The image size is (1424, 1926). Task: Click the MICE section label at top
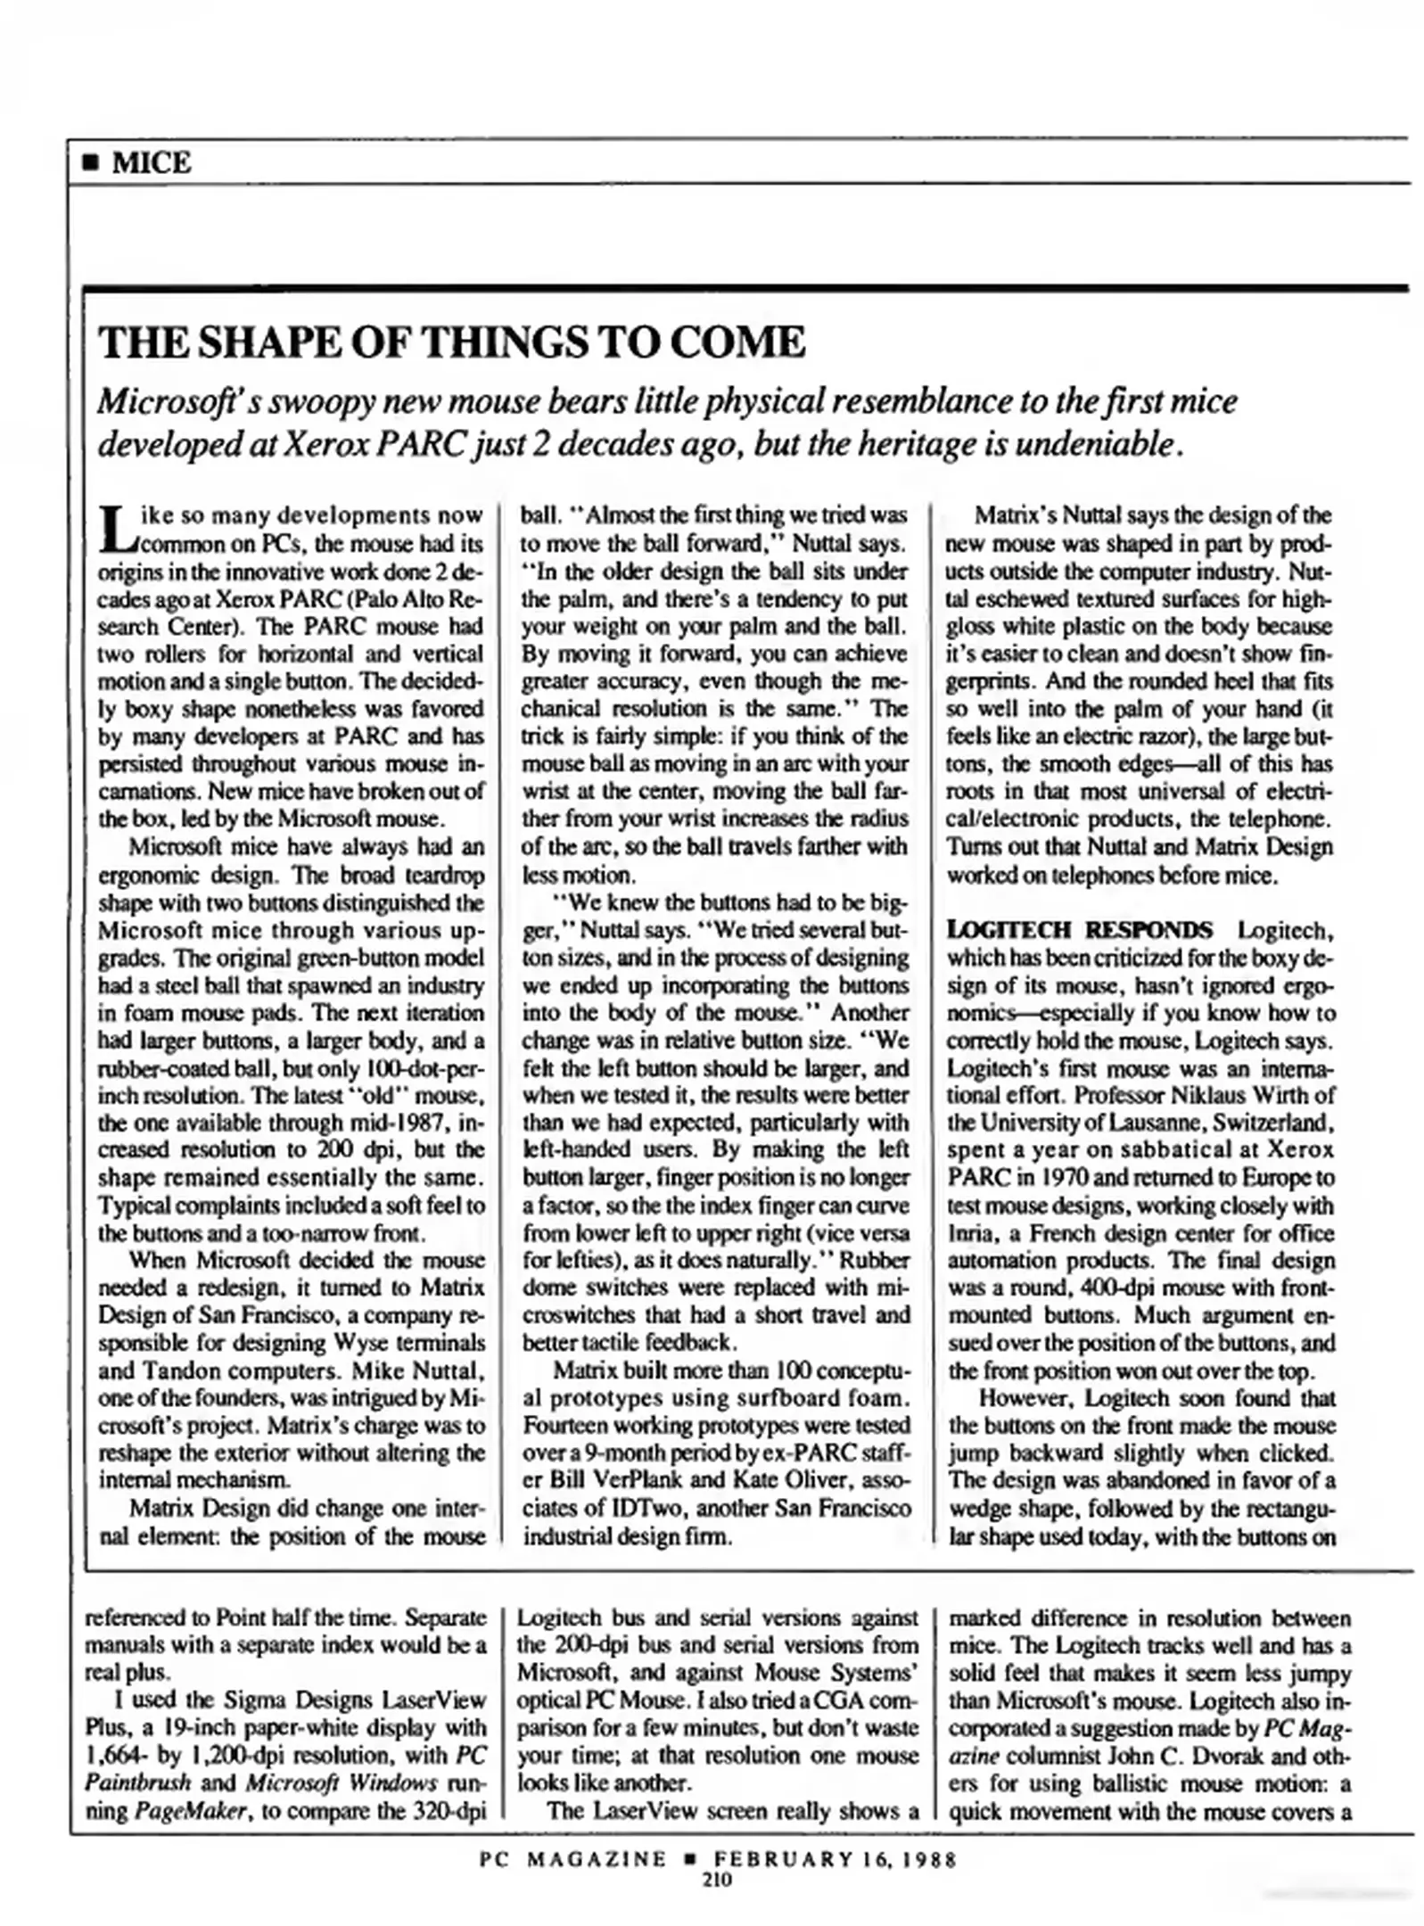(151, 163)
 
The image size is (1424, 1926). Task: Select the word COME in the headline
(736, 343)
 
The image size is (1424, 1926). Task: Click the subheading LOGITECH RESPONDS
(1080, 930)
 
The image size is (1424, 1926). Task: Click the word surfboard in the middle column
(778, 1397)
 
